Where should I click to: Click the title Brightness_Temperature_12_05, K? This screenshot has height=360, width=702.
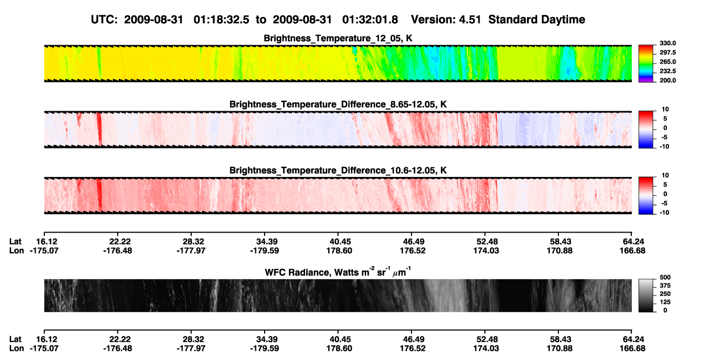[x=338, y=38]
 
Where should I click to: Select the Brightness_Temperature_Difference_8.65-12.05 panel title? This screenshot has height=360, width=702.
[x=338, y=104]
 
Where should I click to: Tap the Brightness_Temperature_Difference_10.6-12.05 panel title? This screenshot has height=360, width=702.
[x=338, y=171]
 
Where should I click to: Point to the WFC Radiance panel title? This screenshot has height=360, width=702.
[x=338, y=272]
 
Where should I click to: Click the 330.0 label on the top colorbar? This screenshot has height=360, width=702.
[x=667, y=43]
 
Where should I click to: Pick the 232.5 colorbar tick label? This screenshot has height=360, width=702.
[x=667, y=71]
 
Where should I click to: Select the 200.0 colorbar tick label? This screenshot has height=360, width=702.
[x=667, y=80]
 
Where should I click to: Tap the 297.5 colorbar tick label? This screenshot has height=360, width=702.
[x=667, y=53]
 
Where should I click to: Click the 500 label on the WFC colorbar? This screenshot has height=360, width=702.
[x=665, y=277]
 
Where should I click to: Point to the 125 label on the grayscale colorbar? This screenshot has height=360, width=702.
[x=665, y=302]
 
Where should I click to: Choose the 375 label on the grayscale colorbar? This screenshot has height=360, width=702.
[x=665, y=286]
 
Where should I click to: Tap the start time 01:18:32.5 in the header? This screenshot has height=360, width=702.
[x=221, y=19]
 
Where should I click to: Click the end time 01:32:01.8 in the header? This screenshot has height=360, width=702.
[x=370, y=19]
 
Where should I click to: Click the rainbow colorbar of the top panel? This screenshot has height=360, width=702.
[x=646, y=64]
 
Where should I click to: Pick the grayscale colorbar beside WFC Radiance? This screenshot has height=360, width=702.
[x=646, y=295]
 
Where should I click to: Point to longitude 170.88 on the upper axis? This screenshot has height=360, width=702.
[x=559, y=250]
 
